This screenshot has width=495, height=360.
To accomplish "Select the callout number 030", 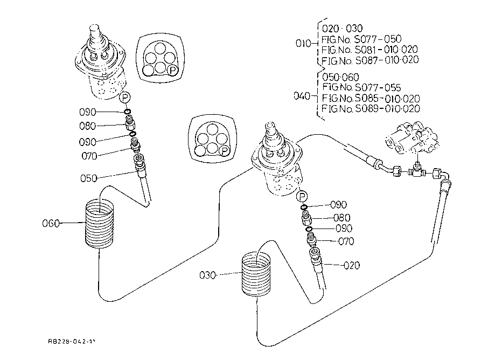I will coord(208,275).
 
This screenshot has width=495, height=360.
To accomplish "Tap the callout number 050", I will coord(88,178).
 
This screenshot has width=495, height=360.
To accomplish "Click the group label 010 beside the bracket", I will coord(304,44).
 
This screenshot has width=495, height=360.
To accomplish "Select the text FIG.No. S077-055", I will coord(361,87).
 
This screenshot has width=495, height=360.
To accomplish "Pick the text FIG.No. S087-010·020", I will coord(370,60).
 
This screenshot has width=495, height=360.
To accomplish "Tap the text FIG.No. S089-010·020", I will coord(370,108).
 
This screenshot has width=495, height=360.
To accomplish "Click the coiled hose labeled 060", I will coord(100,223).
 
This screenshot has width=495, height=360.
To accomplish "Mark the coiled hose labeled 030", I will coord(256,275).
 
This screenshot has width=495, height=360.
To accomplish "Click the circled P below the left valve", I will coord(125,98).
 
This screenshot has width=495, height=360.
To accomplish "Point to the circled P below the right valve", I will coord(303,196).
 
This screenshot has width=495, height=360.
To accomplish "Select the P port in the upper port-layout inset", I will coord(172,70).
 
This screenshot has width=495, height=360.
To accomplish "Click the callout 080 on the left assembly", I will coord(87,126).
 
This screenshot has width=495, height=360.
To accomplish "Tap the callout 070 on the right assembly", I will coord(345,241).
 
